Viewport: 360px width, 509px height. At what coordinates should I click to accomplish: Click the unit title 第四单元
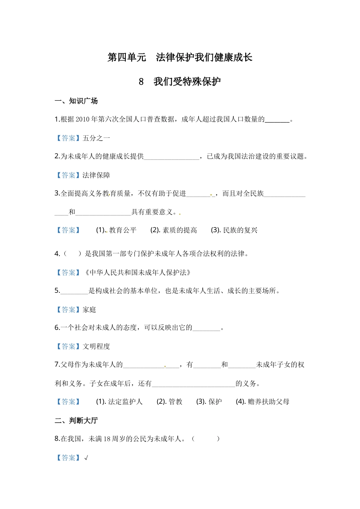[x=127, y=58]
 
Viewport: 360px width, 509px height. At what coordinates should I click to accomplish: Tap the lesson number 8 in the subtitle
[x=141, y=82]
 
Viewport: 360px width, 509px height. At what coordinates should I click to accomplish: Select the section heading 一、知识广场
[x=76, y=101]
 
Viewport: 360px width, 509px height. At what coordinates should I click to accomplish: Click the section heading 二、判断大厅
[x=76, y=421]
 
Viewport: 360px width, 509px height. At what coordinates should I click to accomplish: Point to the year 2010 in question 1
[x=83, y=120]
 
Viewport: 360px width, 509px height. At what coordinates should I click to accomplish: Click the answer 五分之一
[x=96, y=138]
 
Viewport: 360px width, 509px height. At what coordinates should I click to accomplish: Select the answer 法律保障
[x=96, y=175]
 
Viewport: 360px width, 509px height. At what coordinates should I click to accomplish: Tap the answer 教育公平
[x=123, y=230]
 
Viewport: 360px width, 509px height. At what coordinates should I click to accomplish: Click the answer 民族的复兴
[x=240, y=230]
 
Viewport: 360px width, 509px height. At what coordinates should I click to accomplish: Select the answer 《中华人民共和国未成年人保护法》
[x=138, y=273]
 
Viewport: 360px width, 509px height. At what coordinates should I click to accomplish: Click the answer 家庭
[x=89, y=310]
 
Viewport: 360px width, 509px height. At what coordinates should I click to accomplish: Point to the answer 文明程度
[x=96, y=347]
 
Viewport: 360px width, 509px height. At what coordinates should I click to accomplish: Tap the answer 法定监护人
[x=125, y=402]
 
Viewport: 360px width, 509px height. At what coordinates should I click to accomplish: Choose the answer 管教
[x=175, y=402]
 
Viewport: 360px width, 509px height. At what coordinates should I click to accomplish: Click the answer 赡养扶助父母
[x=269, y=402]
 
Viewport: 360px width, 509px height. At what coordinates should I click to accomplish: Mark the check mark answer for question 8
[x=86, y=458]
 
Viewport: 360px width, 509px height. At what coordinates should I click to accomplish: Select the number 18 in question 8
[x=106, y=439]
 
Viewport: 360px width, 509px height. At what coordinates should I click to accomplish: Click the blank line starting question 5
[x=74, y=291]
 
